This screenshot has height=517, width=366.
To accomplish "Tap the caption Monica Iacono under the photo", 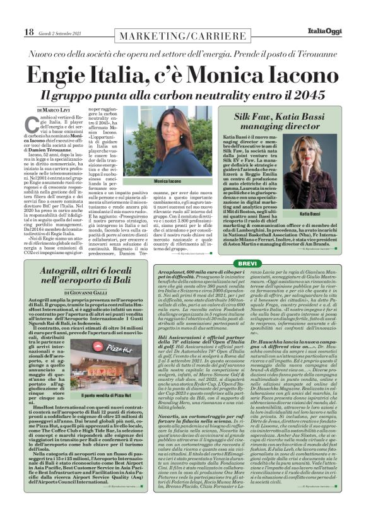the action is click(163, 181).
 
